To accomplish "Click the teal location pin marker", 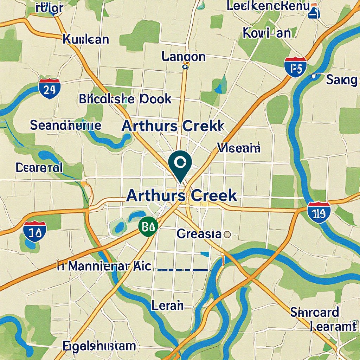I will pyautogui.click(x=180, y=163).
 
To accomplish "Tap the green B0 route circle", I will pyautogui.click(x=148, y=226).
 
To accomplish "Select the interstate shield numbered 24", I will pyautogui.click(x=49, y=88).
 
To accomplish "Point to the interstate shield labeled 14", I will pyautogui.click(x=35, y=231).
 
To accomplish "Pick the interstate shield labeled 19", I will pyautogui.click(x=319, y=213).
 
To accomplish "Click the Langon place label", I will pyautogui.click(x=183, y=56).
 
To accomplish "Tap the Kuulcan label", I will pyautogui.click(x=86, y=39).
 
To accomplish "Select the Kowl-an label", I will pyautogui.click(x=267, y=33).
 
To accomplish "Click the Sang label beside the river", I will pyautogui.click(x=341, y=80).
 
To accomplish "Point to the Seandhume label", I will pyautogui.click(x=66, y=125).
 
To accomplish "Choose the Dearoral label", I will pyautogui.click(x=39, y=168).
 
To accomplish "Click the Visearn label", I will pyautogui.click(x=239, y=148).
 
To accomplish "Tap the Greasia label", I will pyautogui.click(x=199, y=234).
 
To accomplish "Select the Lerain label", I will pyautogui.click(x=167, y=305).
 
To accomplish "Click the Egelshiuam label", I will pyautogui.click(x=99, y=346).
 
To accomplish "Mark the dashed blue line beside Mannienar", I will pyautogui.click(x=183, y=270).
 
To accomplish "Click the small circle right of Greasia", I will pyautogui.click(x=227, y=234).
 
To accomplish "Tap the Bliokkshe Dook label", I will pyautogui.click(x=125, y=99).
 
